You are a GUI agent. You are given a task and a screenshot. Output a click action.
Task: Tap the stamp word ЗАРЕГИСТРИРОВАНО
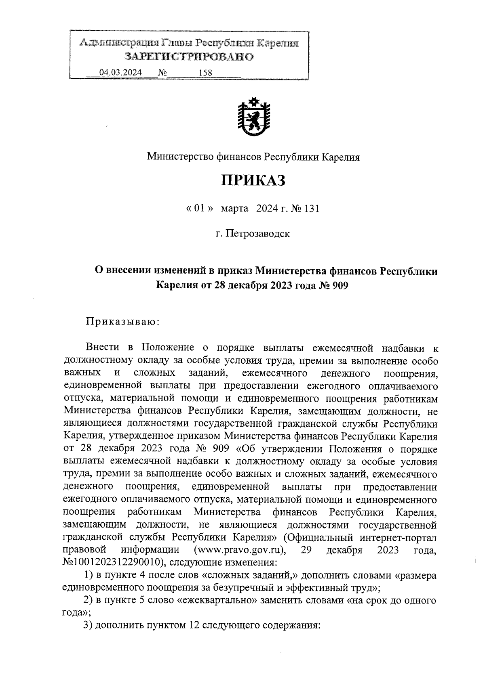(x=189, y=57)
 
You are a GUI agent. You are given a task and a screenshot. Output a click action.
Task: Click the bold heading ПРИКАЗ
(x=253, y=180)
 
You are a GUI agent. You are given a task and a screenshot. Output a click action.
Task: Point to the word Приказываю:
(x=123, y=322)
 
